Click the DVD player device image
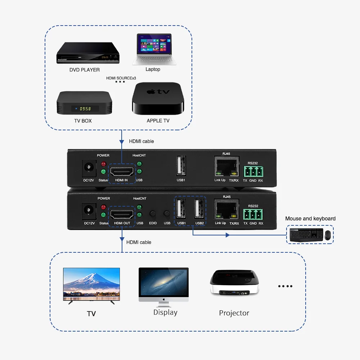(x=88, y=53)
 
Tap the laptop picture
(x=154, y=50)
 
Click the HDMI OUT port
(x=122, y=214)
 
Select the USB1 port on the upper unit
(x=181, y=166)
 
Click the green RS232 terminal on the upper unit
(x=253, y=171)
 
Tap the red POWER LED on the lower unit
(x=104, y=207)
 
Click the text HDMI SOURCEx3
(x=121, y=78)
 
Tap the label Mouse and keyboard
(x=310, y=219)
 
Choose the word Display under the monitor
(x=165, y=312)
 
